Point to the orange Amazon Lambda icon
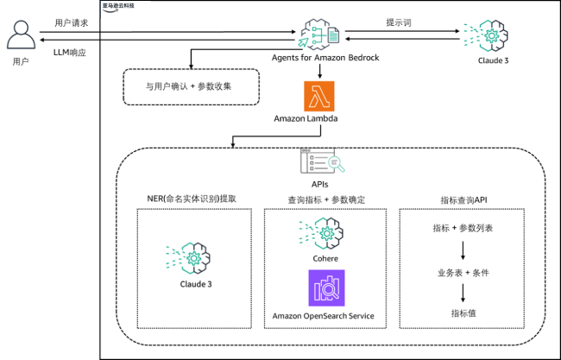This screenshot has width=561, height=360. tap(318, 96)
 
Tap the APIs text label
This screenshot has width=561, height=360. tap(320, 183)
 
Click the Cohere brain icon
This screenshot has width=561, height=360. tap(319, 233)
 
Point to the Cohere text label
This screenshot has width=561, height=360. tap(319, 258)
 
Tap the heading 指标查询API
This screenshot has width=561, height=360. tap(464, 199)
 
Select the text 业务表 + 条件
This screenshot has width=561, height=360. tap(463, 273)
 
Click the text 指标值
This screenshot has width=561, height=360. tap(463, 313)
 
